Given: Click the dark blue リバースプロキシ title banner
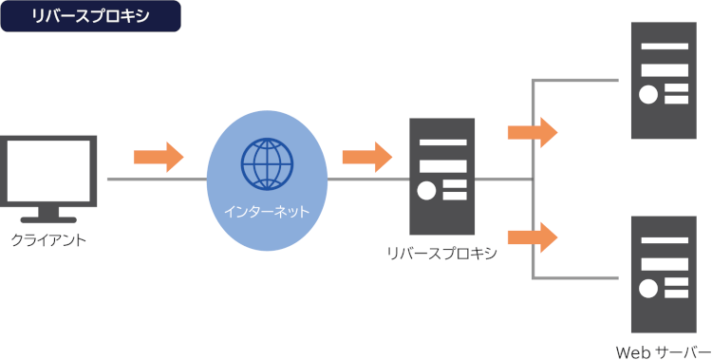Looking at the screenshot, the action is coord(91,16).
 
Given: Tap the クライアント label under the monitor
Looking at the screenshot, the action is coord(48,239).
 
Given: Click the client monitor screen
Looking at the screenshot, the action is coord(48,171).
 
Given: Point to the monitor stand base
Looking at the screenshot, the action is coord(48,220).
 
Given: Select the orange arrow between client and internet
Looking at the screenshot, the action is coord(159,158).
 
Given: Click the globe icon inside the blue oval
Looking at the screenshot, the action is coord(267,164).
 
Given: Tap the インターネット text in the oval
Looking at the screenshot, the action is coord(267,212).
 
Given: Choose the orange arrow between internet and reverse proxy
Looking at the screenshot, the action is coord(367,158).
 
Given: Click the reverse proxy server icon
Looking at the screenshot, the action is coord(441,177).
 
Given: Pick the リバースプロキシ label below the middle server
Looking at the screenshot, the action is coord(441,254).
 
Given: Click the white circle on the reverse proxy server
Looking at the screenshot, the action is coord(426,191).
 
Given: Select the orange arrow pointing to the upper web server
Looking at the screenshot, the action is coord(533,132).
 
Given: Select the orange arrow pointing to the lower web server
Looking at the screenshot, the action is coord(533,237).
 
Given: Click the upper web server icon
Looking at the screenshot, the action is coord(664,81).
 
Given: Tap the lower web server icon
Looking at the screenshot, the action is coord(664,275).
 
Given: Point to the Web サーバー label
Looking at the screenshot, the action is coord(663,352).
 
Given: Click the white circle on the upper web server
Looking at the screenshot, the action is coord(648,95).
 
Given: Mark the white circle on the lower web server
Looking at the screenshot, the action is coord(648,289).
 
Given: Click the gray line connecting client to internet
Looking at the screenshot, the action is coord(157,180).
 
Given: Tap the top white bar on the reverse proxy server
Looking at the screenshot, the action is coord(442,142).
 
